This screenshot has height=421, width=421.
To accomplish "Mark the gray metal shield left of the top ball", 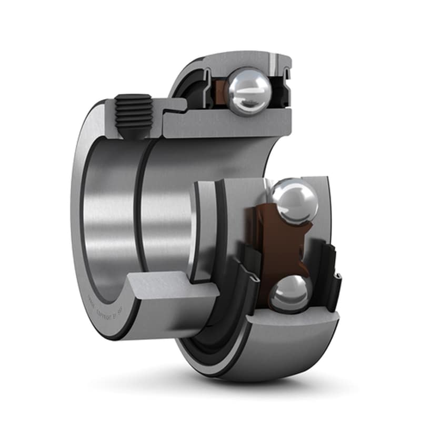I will (x=203, y=84).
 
